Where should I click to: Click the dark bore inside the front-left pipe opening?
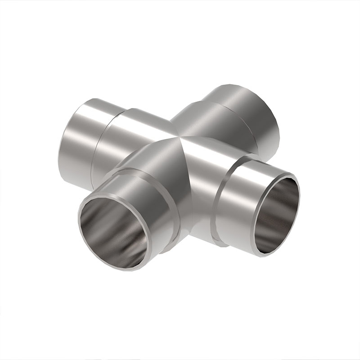pyautogui.click(x=115, y=232)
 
